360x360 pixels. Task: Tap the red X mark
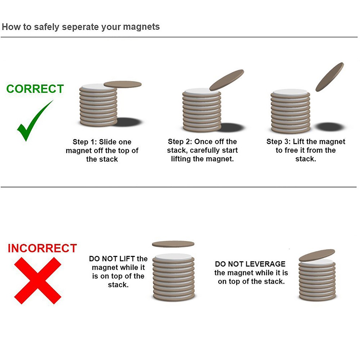[38, 280]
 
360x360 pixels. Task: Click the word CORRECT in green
[35, 89]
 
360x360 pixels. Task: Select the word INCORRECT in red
[42, 248]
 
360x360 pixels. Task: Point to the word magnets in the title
[141, 27]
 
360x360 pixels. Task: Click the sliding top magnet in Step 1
[123, 84]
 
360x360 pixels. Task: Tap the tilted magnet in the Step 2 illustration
[226, 80]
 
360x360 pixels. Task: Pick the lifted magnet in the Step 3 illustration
[330, 77]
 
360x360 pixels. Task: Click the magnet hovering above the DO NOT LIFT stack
[173, 244]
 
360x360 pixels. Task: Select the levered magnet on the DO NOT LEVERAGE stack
[317, 255]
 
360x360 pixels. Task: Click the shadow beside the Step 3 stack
[329, 126]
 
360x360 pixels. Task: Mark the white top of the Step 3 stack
[290, 92]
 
